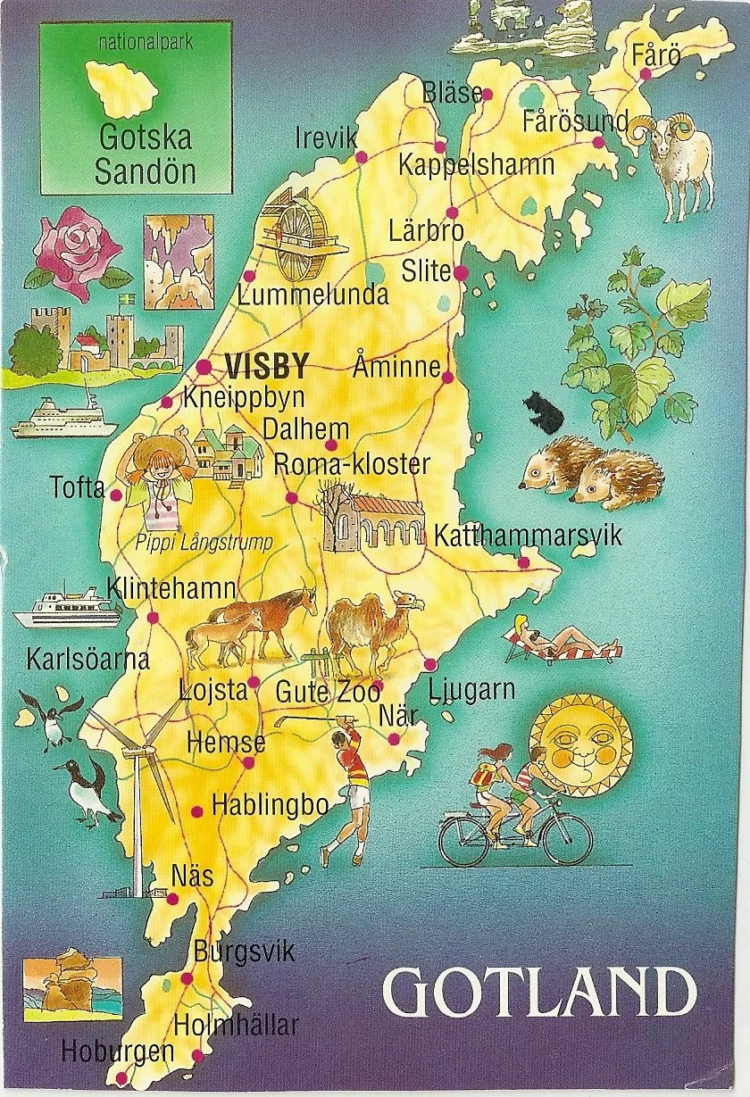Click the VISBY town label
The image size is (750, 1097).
pyautogui.click(x=267, y=367)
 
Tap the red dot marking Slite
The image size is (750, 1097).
pyautogui.click(x=461, y=272)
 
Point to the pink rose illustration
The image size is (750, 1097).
pyautogui.click(x=73, y=252)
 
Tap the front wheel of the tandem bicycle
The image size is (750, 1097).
pyautogui.click(x=567, y=840)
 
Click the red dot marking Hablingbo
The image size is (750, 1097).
pyautogui.click(x=197, y=810)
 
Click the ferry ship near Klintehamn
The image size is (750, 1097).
pyautogui.click(x=67, y=608)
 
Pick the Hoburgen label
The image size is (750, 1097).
pyautogui.click(x=117, y=1051)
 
